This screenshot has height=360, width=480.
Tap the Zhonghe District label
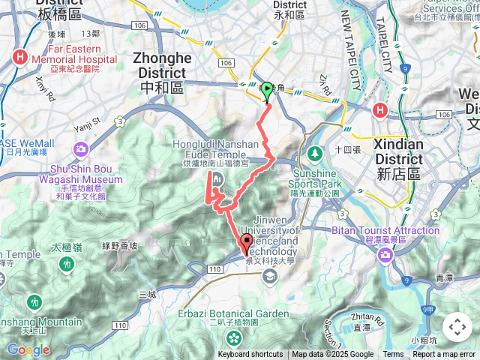click(x=158, y=65)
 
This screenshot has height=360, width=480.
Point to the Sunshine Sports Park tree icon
click(x=314, y=153)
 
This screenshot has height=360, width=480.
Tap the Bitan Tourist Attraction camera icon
click(x=385, y=256)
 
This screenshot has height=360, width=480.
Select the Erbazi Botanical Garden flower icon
click(x=233, y=338)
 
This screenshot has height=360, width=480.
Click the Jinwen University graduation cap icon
click(x=268, y=277)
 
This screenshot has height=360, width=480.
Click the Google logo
click(x=28, y=349)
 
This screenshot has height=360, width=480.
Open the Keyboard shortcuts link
click(x=250, y=355)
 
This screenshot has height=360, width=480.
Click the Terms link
click(x=393, y=355)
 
